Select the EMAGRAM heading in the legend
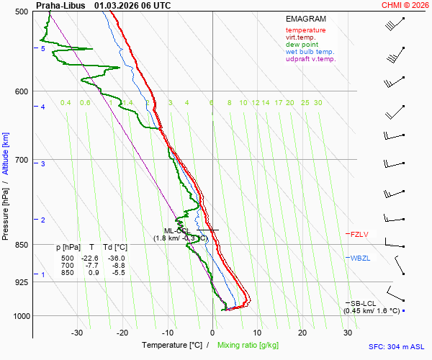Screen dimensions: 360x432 (305, 18)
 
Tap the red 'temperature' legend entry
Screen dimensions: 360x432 (305, 30)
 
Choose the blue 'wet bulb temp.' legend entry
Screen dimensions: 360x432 (310, 52)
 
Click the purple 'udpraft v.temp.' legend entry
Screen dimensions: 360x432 (310, 59)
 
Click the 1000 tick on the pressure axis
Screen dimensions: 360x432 (21, 316)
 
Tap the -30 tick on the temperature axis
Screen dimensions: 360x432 (77, 333)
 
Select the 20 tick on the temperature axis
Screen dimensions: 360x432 (302, 333)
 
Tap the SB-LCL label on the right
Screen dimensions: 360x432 (364, 303)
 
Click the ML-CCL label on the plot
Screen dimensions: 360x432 (177, 230)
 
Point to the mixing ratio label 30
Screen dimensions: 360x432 (318, 103)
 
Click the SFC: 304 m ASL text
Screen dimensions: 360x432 (399, 346)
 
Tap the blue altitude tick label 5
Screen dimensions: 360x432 (42, 49)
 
